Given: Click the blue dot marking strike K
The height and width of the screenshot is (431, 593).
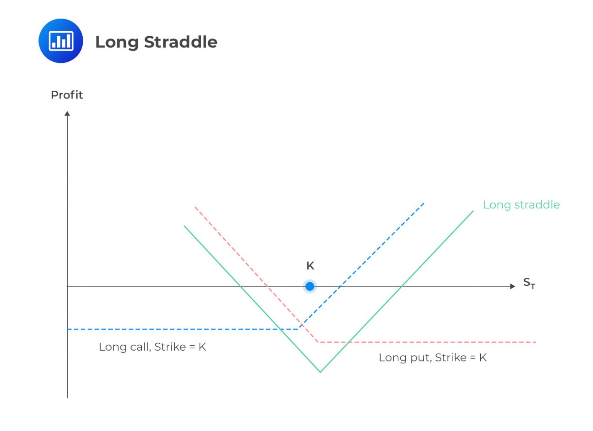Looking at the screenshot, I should click(310, 286).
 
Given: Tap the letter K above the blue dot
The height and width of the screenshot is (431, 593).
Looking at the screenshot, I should click(310, 266).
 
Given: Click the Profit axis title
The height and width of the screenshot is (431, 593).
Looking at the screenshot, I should click(67, 95).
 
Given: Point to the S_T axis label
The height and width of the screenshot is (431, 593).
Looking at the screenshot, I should click(529, 283).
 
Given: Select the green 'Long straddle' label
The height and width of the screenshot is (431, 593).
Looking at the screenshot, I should click(521, 205).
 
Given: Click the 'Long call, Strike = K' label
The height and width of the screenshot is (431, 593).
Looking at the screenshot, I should click(152, 347).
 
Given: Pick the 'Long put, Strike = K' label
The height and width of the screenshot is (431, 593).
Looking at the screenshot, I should click(432, 358).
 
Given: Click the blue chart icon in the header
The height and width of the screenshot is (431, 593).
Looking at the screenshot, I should click(61, 41).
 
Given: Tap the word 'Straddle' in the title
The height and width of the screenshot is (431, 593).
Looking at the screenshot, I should click(181, 42).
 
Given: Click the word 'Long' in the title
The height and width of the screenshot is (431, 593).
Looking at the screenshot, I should click(117, 42).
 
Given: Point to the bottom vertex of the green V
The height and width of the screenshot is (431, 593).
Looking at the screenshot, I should click(320, 372).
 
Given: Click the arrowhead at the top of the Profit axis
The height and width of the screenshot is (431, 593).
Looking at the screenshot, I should click(68, 113).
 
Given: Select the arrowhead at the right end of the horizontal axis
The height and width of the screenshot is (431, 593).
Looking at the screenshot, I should click(513, 286).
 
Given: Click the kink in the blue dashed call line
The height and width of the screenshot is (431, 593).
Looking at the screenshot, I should click(299, 329).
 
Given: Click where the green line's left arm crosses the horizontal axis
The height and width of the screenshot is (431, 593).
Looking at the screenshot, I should click(240, 286).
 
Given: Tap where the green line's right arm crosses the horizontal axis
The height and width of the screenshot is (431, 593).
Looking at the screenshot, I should click(402, 286).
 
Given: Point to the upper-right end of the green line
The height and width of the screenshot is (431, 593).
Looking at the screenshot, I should click(473, 211).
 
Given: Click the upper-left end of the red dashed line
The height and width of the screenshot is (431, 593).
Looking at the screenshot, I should click(195, 207).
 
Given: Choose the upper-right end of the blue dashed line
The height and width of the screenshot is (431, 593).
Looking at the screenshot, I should click(424, 203).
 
